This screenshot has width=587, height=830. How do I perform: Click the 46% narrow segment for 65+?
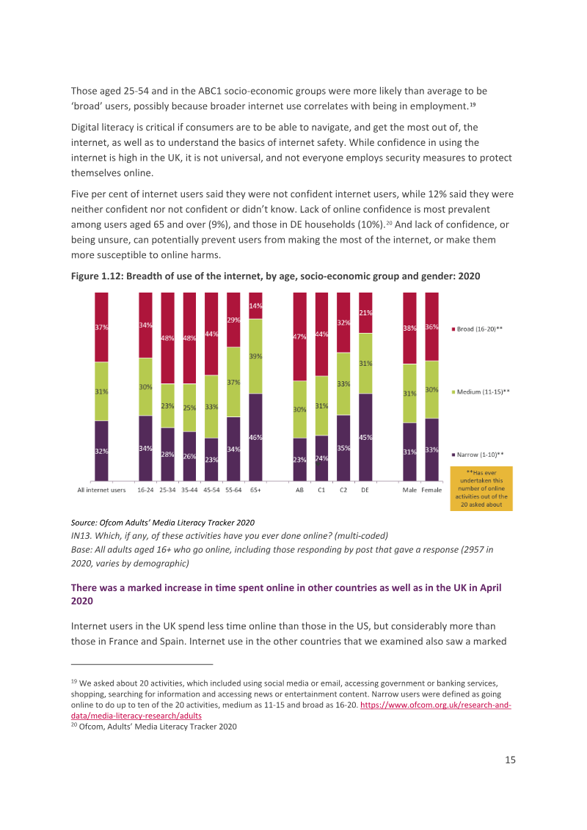click(x=255, y=437)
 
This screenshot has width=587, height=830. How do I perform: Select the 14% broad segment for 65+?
click(x=255, y=306)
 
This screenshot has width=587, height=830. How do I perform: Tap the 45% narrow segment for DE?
click(x=365, y=437)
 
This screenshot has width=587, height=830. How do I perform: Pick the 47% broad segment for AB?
click(x=300, y=337)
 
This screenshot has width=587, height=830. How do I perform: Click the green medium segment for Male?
click(x=409, y=393)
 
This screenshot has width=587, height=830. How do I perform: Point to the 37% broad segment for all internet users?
click(x=101, y=327)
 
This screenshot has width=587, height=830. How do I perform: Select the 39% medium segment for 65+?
click(x=255, y=356)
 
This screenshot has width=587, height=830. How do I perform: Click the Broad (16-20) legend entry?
click(x=477, y=329)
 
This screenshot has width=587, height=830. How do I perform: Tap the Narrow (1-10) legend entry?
click(x=478, y=455)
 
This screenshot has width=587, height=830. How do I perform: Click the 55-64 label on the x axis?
click(x=233, y=491)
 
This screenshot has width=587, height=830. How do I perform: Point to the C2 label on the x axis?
click(x=343, y=491)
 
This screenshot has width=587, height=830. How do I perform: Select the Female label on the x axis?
click(x=431, y=491)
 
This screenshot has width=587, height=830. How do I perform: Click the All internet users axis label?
click(x=102, y=491)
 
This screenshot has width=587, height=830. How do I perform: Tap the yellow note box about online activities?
click(x=481, y=488)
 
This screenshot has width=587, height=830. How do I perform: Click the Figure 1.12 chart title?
click(x=275, y=276)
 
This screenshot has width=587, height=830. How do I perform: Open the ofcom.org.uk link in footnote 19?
click(x=436, y=705)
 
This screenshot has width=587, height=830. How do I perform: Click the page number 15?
click(x=510, y=760)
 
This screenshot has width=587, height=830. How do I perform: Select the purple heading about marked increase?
click(x=286, y=595)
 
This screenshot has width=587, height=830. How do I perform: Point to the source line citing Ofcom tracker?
click(x=163, y=523)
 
